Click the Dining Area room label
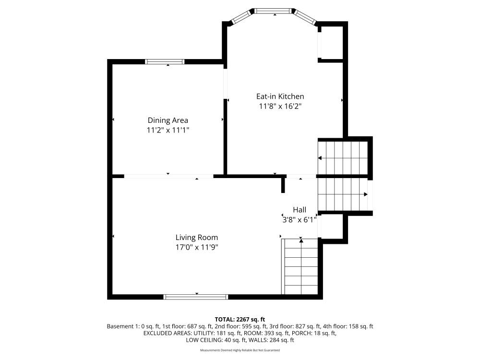(168, 120)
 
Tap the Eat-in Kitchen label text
(280, 96)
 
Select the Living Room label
(196, 238)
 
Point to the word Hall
(300, 210)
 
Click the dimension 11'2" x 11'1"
(168, 130)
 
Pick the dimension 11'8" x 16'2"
(280, 107)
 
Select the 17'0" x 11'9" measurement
(196, 247)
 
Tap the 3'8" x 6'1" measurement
(299, 220)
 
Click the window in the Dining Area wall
(165, 61)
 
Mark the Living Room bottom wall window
(196, 297)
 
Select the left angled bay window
(241, 17)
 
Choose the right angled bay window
(305, 17)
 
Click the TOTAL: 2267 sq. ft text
(240, 320)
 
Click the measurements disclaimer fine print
(240, 350)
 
